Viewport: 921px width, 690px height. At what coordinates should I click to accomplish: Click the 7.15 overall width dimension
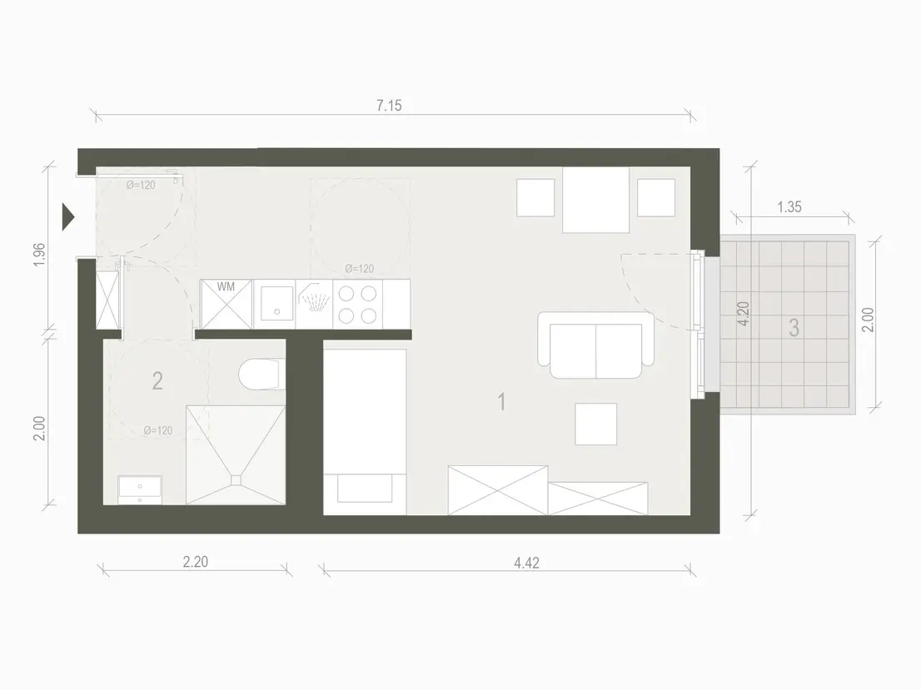pyautogui.click(x=389, y=106)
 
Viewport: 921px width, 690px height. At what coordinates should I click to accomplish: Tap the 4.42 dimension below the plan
pyautogui.click(x=526, y=563)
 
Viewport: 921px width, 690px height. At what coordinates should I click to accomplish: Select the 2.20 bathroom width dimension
pyautogui.click(x=195, y=562)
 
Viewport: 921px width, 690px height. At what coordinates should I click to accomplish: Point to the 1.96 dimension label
pyautogui.click(x=39, y=254)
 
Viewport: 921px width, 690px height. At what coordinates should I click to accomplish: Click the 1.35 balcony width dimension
pyautogui.click(x=789, y=206)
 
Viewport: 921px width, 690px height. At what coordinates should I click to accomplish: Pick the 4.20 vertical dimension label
pyautogui.click(x=743, y=314)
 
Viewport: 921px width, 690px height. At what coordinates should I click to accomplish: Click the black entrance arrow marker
pyautogui.click(x=69, y=216)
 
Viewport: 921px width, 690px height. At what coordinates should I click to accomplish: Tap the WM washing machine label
pyautogui.click(x=226, y=286)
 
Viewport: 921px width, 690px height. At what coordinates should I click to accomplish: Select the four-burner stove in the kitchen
pyautogui.click(x=358, y=304)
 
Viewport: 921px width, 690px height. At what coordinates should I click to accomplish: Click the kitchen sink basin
pyautogui.click(x=276, y=304)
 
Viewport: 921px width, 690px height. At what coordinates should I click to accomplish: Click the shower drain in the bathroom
pyautogui.click(x=236, y=479)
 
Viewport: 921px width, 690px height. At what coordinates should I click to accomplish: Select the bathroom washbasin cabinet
pyautogui.click(x=140, y=489)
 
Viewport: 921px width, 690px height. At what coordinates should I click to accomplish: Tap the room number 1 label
pyautogui.click(x=501, y=402)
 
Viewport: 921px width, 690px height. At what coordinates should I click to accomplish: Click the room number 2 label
pyautogui.click(x=157, y=380)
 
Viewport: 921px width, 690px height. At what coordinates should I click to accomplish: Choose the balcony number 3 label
pyautogui.click(x=794, y=328)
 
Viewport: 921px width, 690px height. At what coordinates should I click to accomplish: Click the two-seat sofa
pyautogui.click(x=595, y=345)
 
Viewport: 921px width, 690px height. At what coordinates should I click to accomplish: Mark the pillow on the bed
pyautogui.click(x=365, y=488)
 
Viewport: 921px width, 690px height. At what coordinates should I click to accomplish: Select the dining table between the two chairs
pyautogui.click(x=595, y=200)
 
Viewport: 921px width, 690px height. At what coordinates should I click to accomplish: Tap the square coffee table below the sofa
pyautogui.click(x=595, y=424)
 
